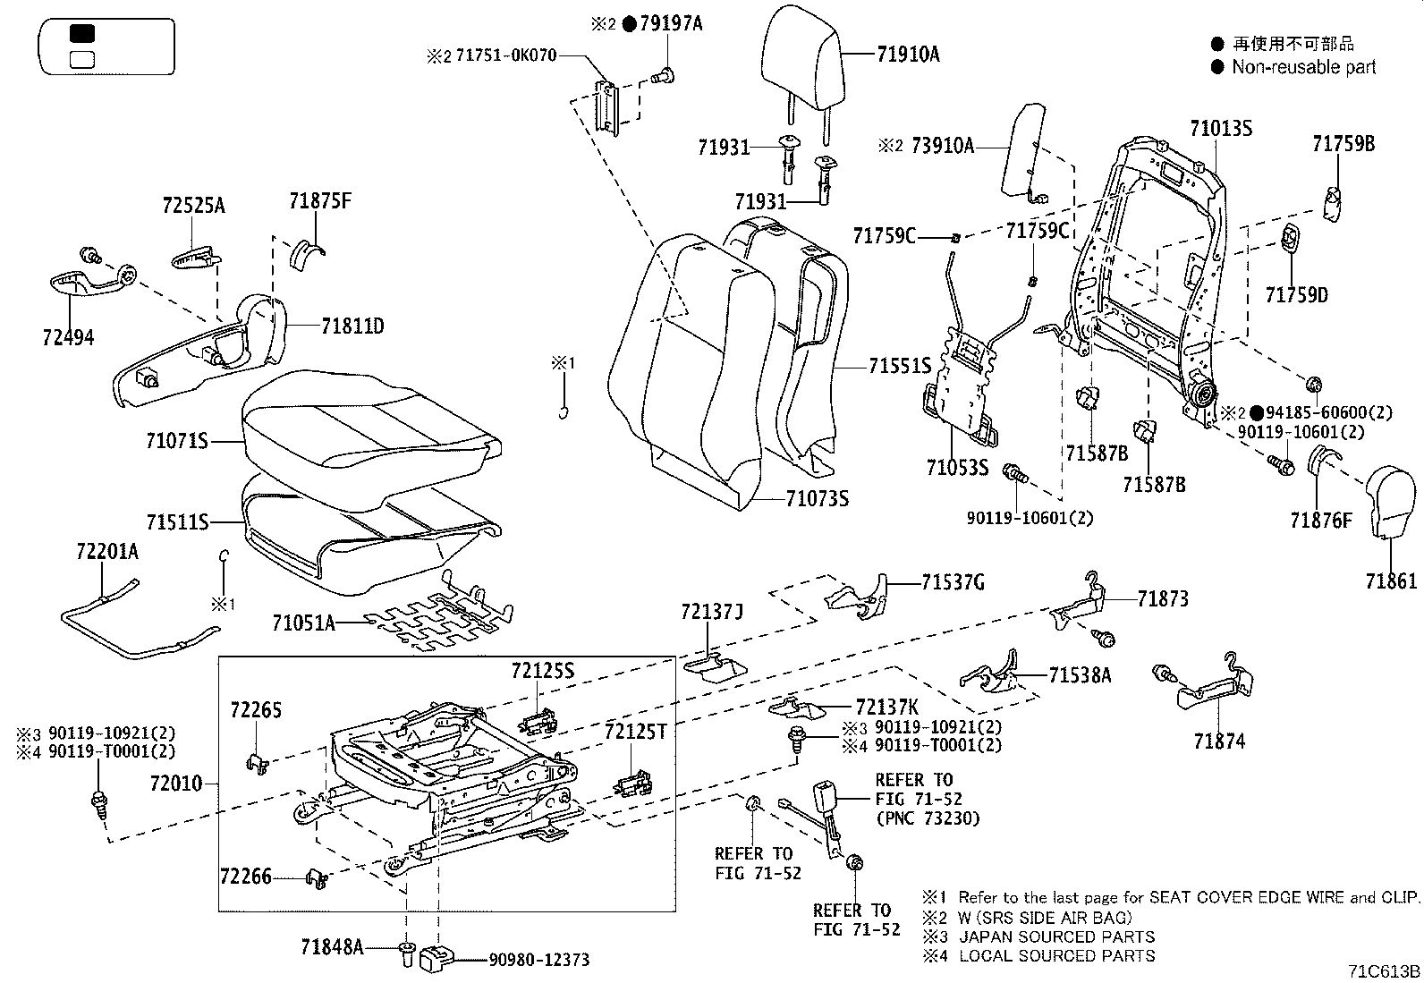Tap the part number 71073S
tap(817, 498)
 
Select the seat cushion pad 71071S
tap(367, 425)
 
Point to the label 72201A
tap(106, 552)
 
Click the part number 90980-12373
tap(538, 960)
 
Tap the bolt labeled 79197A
tap(664, 78)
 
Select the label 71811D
tap(352, 326)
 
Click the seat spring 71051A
tap(438, 617)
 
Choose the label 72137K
tap(887, 706)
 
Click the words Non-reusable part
tap(1303, 66)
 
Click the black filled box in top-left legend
tap(82, 33)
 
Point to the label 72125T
tap(635, 732)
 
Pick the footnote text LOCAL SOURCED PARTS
tap(1056, 956)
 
